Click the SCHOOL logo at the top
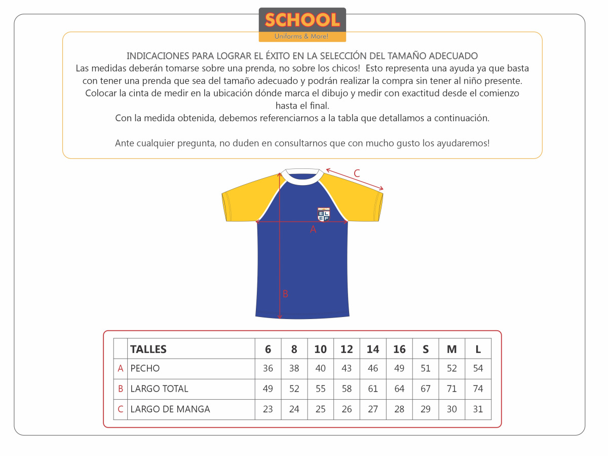[302, 24]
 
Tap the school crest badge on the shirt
[324, 214]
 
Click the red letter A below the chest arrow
[313, 229]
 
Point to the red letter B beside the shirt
[285, 294]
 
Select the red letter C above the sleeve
[357, 173]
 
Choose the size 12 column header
[347, 349]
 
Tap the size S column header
[426, 349]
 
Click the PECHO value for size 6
[268, 369]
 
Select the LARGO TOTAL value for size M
[452, 389]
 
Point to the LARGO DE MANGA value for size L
[478, 409]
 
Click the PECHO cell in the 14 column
[373, 369]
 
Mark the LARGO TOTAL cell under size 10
[321, 389]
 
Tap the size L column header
[478, 349]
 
